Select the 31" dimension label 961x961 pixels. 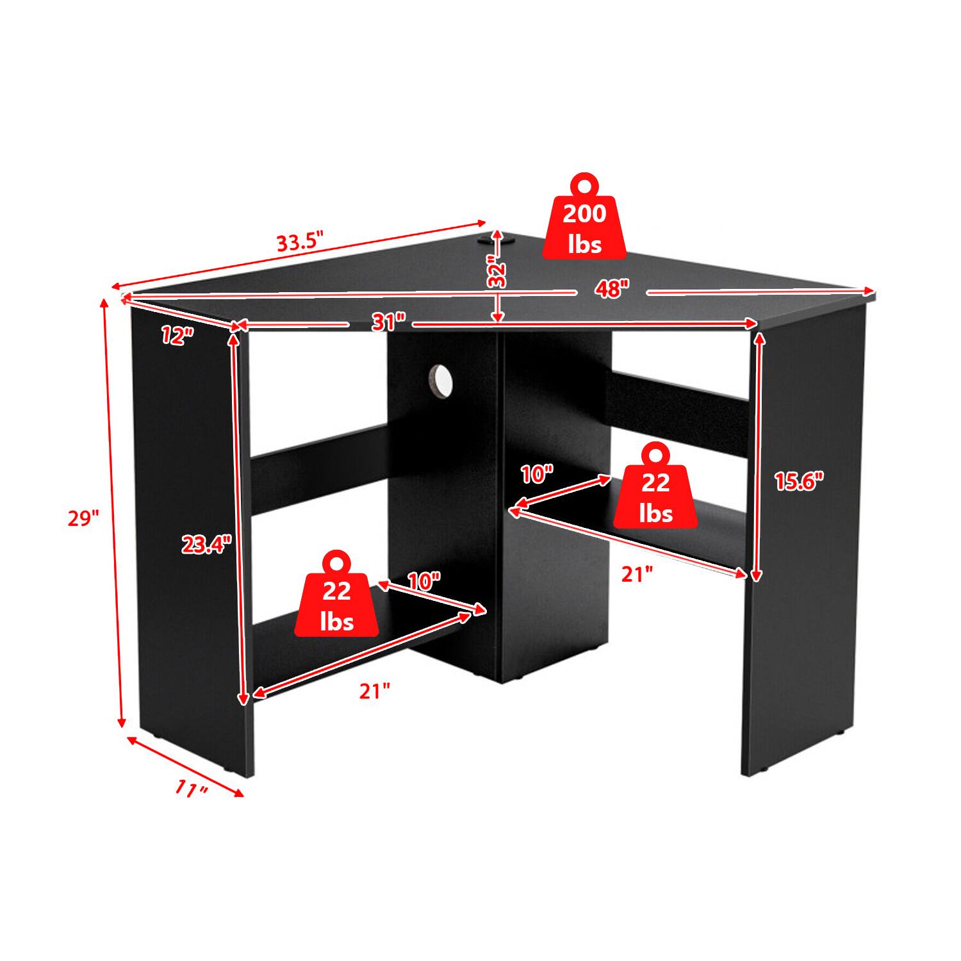(x=389, y=322)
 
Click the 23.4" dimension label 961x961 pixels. (x=206, y=545)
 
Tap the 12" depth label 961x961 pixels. (x=177, y=334)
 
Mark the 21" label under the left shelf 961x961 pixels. (x=374, y=691)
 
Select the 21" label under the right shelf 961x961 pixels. (x=637, y=575)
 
